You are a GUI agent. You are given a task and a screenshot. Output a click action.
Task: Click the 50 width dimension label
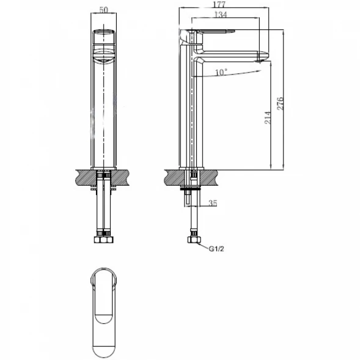pos(103,10)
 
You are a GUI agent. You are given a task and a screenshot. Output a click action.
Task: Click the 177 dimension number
pos(219,4)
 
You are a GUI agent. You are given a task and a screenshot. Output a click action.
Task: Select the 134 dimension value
pos(221,15)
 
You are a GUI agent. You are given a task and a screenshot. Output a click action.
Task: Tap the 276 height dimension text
pos(280,104)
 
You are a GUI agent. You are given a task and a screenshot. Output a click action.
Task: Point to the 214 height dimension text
pos(268,118)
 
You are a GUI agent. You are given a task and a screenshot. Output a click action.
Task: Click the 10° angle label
pos(221,72)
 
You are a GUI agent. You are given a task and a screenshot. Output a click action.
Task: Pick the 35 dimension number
pos(213,203)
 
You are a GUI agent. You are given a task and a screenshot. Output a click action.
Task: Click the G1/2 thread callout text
pos(216,249)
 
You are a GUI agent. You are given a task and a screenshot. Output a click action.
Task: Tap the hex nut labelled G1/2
pos(194,240)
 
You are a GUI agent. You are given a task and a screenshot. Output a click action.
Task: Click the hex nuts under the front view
pos(104,240)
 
